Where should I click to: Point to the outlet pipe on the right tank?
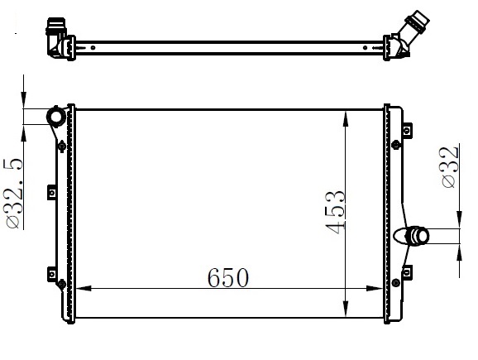point(415,237)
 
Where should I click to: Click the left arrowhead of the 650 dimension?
point(83,289)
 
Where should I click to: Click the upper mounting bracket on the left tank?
point(51,193)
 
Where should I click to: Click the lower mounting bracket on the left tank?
point(51,273)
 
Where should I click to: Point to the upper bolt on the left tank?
point(62,146)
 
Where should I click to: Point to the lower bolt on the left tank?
point(62,287)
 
